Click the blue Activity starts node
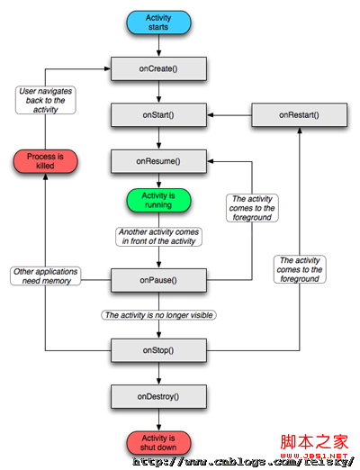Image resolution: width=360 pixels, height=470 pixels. [x=158, y=23]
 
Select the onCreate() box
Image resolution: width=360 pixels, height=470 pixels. [x=158, y=68]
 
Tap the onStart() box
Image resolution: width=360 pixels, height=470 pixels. [x=158, y=115]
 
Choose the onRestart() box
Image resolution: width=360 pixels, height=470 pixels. [x=299, y=115]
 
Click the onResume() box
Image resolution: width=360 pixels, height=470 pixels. [x=158, y=161]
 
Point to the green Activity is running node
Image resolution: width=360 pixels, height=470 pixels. [x=158, y=199]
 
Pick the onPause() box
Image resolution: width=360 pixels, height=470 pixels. [x=158, y=280]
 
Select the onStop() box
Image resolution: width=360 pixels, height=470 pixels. [x=158, y=350]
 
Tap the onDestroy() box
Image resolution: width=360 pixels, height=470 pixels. [x=158, y=396]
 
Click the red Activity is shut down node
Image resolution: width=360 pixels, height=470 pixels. [x=158, y=442]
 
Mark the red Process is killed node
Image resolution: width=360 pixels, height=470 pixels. [x=46, y=161]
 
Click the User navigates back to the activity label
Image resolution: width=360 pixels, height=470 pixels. [x=46, y=100]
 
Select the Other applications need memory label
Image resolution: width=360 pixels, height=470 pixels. [x=46, y=276]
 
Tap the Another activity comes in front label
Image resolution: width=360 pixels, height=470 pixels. [x=158, y=237]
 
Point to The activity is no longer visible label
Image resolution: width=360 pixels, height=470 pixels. [x=158, y=315]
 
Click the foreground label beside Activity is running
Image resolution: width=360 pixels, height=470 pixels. [x=251, y=208]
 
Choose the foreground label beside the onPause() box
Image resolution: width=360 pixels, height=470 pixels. [x=299, y=269]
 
